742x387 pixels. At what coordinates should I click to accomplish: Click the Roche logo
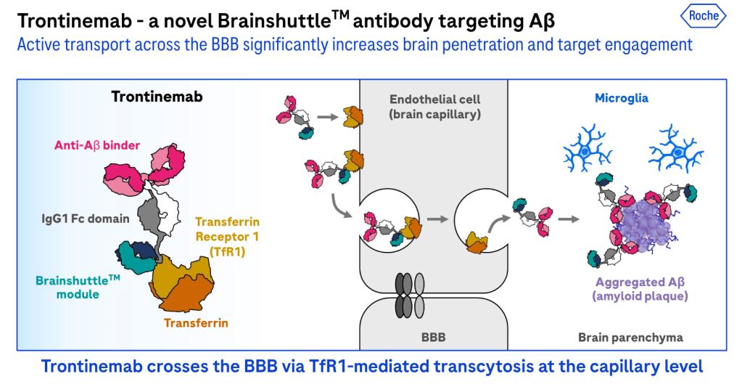click(x=704, y=16)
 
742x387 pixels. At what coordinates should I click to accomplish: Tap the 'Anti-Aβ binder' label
click(x=97, y=145)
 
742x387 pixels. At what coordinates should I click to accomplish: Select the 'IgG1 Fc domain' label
click(x=85, y=219)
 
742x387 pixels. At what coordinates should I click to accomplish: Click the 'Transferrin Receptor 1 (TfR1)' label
click(x=227, y=237)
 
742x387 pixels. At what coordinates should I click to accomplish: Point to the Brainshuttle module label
click(x=78, y=287)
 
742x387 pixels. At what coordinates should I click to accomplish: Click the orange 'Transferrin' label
click(x=196, y=323)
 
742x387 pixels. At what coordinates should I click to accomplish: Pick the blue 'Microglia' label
click(x=622, y=98)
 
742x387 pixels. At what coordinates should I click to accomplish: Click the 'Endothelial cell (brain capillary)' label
click(x=434, y=107)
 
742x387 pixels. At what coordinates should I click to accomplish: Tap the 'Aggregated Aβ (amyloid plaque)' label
click(x=640, y=289)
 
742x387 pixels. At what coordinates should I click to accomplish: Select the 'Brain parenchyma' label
click(x=630, y=337)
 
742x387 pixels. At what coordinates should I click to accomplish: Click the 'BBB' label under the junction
click(x=434, y=337)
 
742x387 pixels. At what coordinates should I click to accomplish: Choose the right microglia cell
click(x=677, y=150)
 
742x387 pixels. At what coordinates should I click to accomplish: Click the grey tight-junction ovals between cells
click(x=410, y=296)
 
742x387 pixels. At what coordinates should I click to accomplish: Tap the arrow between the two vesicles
click(x=437, y=219)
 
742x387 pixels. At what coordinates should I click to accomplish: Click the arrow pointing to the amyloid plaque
click(x=569, y=219)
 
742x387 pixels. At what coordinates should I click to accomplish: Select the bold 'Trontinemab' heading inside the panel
click(x=157, y=97)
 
